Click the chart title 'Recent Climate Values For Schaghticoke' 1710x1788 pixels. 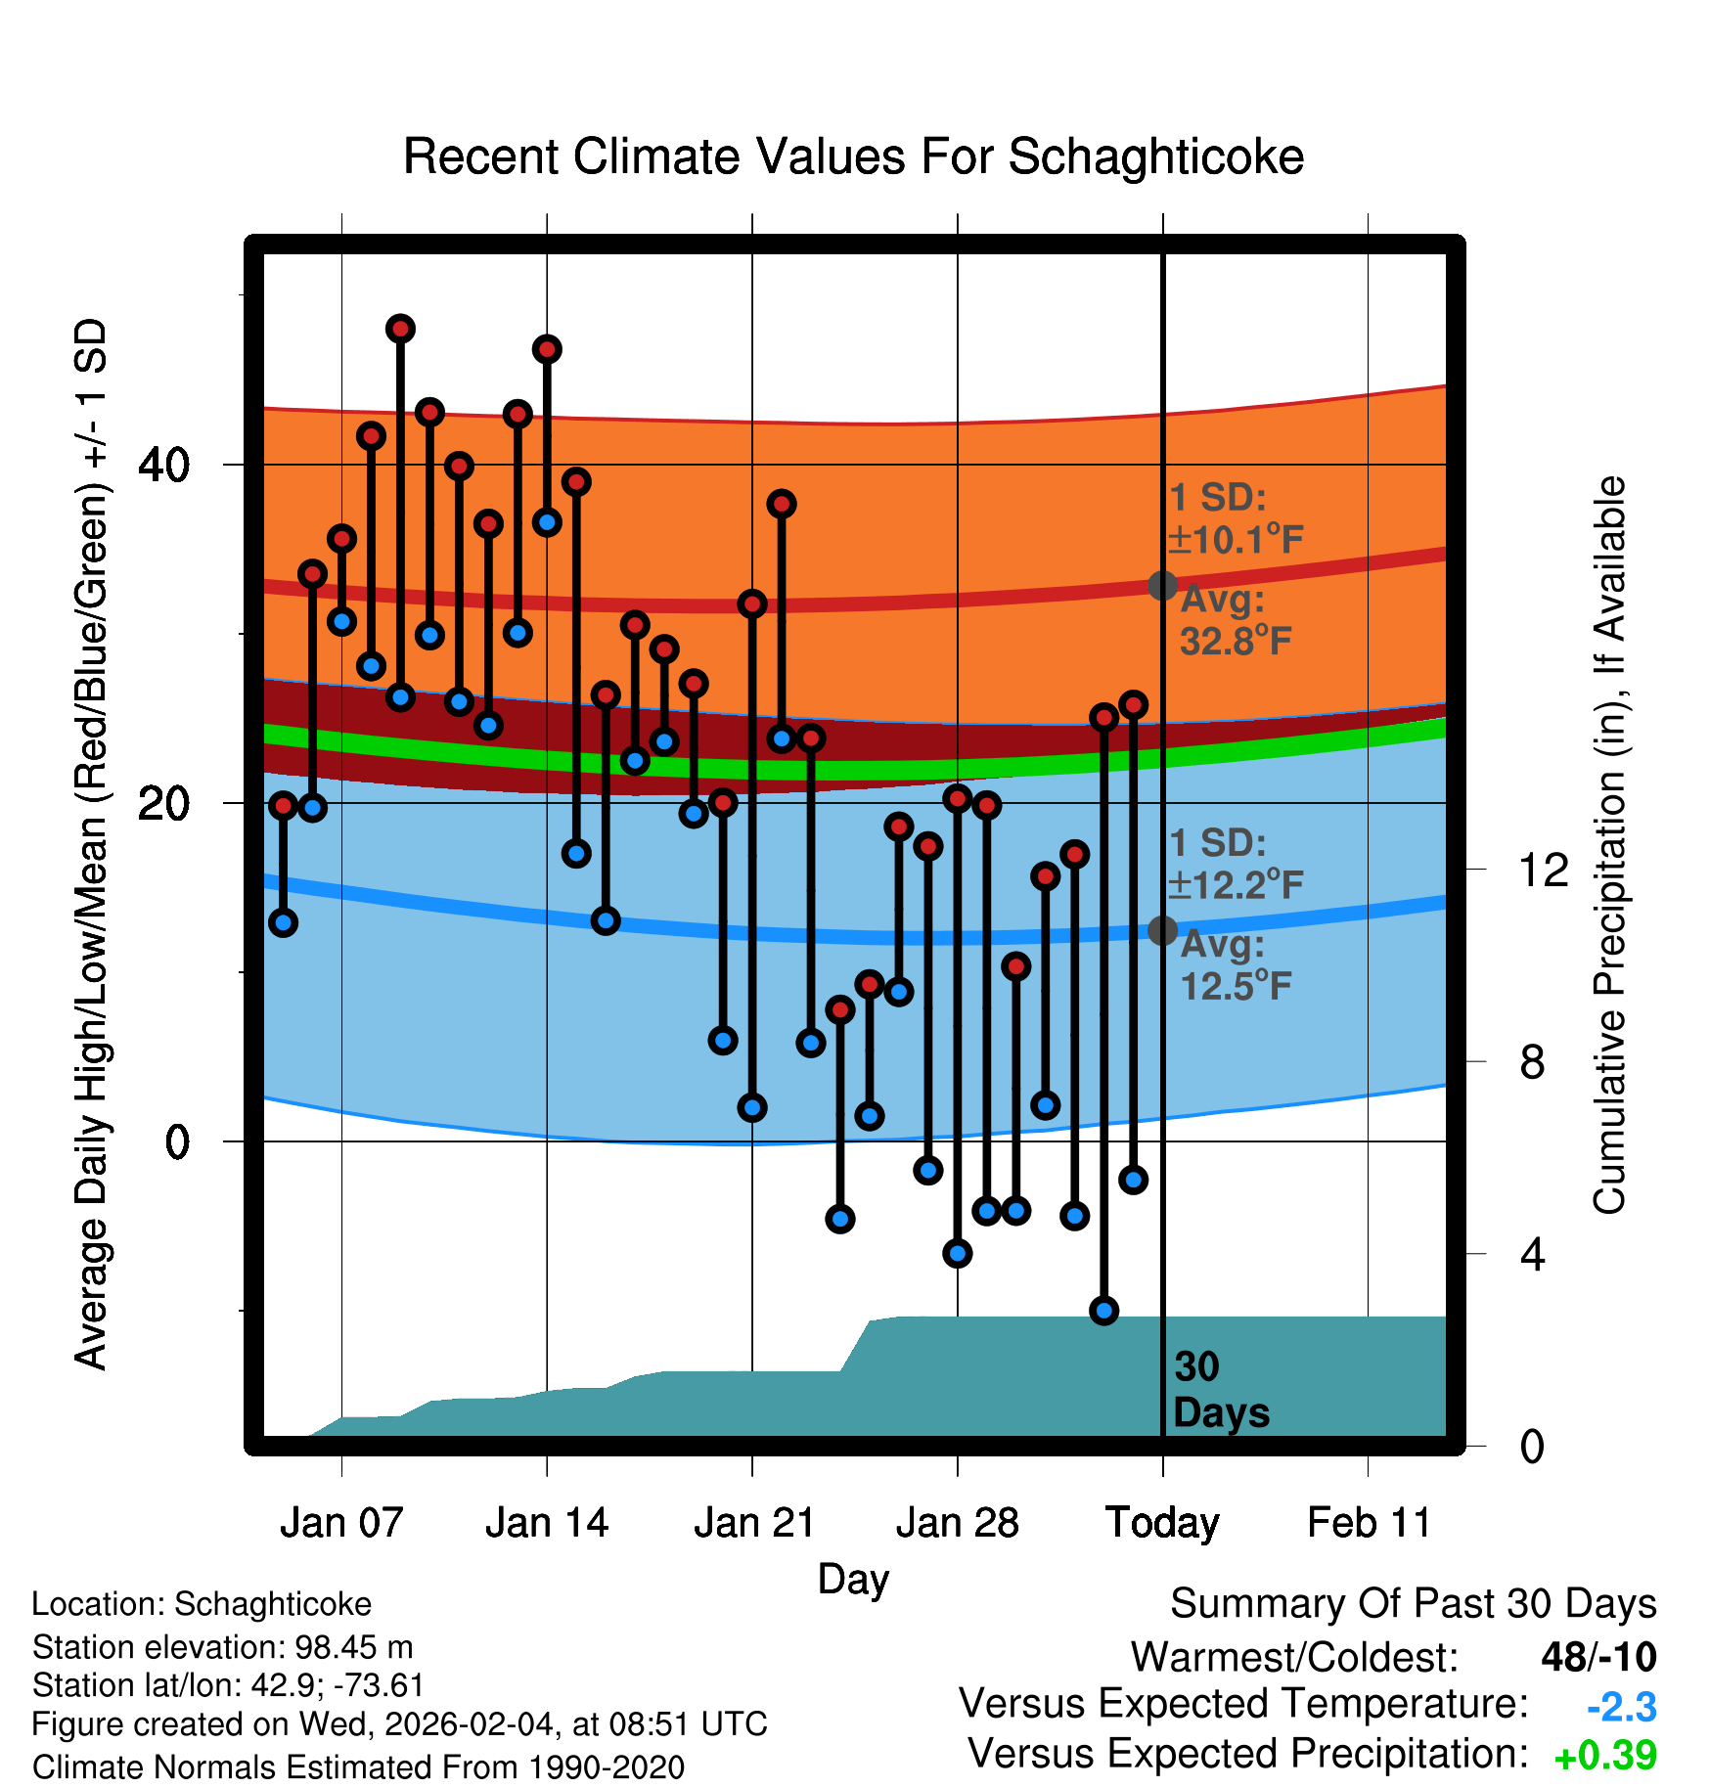[x=853, y=156]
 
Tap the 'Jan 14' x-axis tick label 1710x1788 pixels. [x=547, y=1523]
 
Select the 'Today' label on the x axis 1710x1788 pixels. [x=1162, y=1523]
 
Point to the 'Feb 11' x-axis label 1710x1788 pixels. [x=1369, y=1523]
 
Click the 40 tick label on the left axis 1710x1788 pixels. [x=164, y=465]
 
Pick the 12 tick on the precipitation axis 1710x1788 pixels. [x=1544, y=870]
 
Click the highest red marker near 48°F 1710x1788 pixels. [x=400, y=329]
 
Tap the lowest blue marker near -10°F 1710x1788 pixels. [x=1104, y=1310]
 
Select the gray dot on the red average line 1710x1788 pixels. [x=1162, y=585]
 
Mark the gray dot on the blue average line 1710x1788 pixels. [x=1162, y=930]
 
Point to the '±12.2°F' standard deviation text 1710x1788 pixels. [x=1237, y=885]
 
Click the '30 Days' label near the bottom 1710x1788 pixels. [x=1220, y=1390]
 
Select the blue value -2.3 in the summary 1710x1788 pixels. [x=1621, y=1708]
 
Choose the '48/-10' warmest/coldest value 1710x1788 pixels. [x=1598, y=1657]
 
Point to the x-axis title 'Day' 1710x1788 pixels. [x=853, y=1579]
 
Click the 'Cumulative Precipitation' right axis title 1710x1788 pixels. [x=1609, y=845]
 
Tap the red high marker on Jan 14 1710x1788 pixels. [x=547, y=349]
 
